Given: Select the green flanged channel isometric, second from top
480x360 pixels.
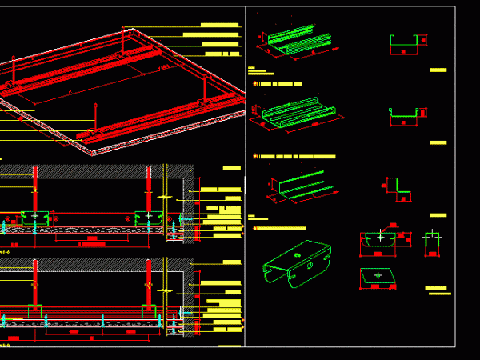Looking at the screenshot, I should click(298, 114).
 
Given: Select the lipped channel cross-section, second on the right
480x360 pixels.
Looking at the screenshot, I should click(406, 115).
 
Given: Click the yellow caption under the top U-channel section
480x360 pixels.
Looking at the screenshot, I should click(438, 70).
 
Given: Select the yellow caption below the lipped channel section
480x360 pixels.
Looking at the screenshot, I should click(438, 142).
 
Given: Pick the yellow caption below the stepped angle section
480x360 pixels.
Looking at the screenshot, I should click(438, 214).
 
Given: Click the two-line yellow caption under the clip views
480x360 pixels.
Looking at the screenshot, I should click(438, 290).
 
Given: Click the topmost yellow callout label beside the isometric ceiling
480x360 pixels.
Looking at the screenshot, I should click(220, 25).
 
